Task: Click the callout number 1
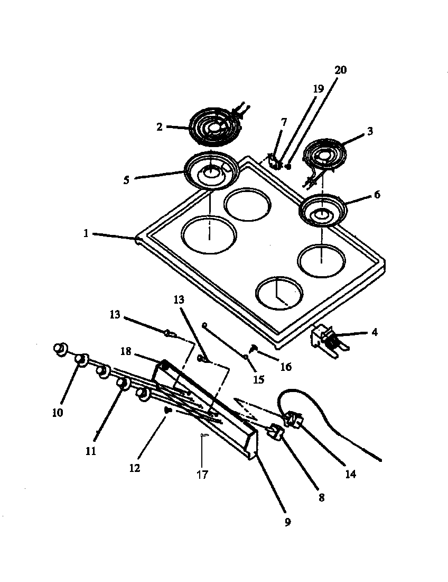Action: (86, 234)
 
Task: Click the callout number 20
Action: (341, 70)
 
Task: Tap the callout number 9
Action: (287, 522)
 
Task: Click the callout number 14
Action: (350, 474)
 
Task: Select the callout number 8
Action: (322, 497)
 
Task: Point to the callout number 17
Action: (202, 474)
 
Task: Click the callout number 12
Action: (135, 468)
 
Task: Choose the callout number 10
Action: (58, 412)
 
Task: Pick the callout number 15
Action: (259, 379)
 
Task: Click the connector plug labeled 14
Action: (294, 420)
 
